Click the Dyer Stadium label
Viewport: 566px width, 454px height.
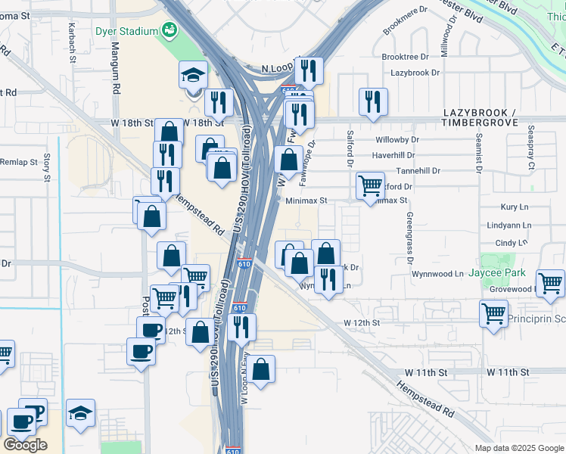coord(127,31)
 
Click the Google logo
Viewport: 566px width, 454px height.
coord(25,445)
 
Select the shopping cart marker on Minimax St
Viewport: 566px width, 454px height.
coord(370,185)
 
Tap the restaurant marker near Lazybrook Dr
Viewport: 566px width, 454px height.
coord(372,101)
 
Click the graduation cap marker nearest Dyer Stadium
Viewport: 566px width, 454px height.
coord(193,75)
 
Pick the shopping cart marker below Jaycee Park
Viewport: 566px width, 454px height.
coord(493,313)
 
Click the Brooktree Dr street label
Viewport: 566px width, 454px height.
coord(405,57)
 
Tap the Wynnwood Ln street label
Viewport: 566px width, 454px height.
coord(437,273)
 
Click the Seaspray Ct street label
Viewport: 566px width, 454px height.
coord(531,148)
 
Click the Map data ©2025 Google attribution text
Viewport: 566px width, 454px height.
coord(518,448)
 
